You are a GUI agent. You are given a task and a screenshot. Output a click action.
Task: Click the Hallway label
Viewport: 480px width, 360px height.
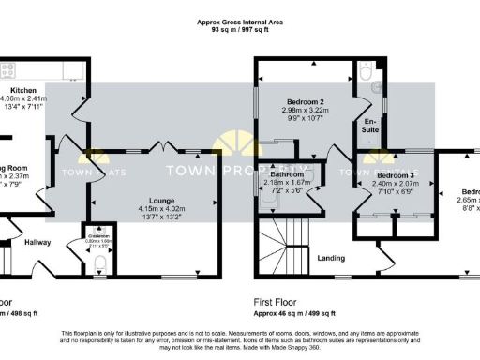[x=37, y=242]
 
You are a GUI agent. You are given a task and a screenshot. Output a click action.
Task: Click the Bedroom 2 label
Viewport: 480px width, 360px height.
[x=305, y=101]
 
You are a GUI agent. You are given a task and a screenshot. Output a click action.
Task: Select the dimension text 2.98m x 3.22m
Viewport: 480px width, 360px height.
[x=305, y=110]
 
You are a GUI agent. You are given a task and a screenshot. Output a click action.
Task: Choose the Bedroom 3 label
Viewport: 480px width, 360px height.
[x=395, y=175]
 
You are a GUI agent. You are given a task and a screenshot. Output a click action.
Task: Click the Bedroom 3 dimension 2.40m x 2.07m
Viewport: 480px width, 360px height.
[x=395, y=184]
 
